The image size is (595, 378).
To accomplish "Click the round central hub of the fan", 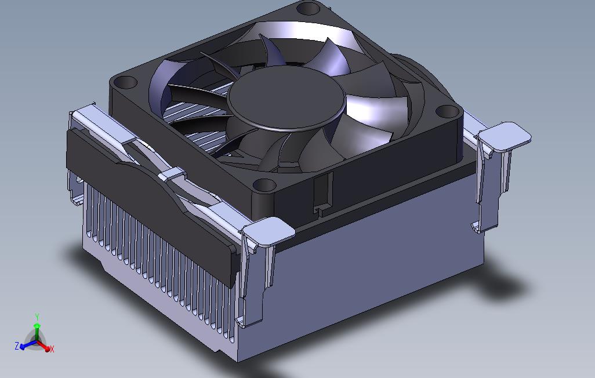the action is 287,97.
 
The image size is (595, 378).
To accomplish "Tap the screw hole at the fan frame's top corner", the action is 309,8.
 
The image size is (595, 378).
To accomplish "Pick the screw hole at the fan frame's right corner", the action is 447,111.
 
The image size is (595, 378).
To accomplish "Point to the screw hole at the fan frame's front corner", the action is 264,185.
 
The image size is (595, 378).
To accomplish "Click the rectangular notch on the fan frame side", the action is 323,193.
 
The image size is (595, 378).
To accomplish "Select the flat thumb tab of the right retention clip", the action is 505,136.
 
